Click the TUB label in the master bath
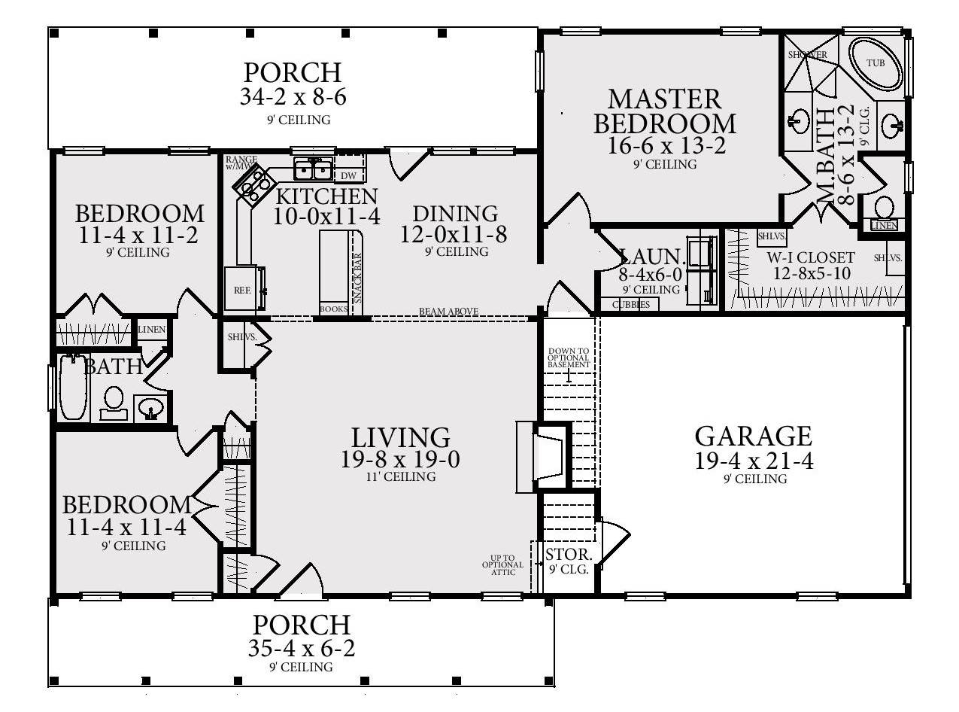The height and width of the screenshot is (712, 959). click(876, 63)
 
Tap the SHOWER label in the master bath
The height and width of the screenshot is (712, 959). click(807, 55)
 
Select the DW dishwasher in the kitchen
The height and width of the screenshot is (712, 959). click(348, 176)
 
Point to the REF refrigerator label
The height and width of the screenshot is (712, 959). click(241, 289)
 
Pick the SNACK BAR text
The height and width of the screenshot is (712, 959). click(357, 278)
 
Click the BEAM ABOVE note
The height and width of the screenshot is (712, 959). click(448, 312)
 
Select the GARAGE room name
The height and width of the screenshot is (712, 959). click(753, 437)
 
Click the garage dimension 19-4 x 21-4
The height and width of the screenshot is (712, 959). click(754, 461)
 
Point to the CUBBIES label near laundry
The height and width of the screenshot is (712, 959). click(630, 305)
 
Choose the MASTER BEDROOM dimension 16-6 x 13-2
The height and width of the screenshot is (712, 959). click(666, 145)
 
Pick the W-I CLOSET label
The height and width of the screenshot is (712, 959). click(811, 257)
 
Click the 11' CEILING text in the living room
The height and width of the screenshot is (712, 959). click(401, 477)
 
